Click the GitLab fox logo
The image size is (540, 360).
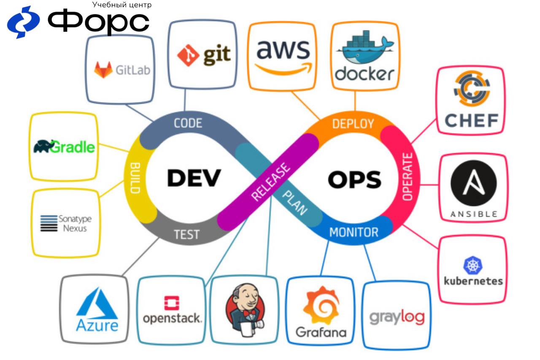point(103,70)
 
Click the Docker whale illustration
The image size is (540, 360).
point(364,49)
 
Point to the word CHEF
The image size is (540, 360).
point(472,121)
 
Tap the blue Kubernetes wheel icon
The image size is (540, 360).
point(472,265)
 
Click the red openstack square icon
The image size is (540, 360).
point(172,302)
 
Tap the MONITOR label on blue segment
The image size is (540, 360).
point(354,232)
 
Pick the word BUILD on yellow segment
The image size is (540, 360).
point(135,178)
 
